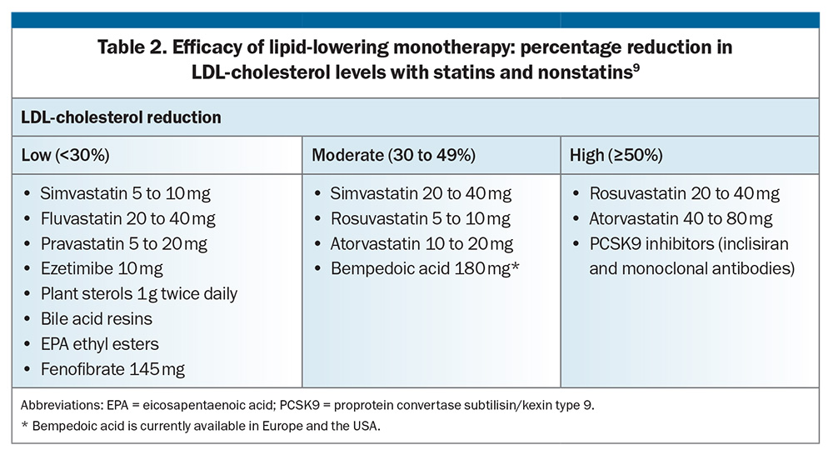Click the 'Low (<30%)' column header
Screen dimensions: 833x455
coord(65,155)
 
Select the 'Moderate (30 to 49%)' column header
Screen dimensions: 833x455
coord(393,155)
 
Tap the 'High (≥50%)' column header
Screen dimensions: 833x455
coord(616,155)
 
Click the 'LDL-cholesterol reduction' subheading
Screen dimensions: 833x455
coord(121,117)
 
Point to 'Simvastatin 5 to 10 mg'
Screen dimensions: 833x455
coord(126,193)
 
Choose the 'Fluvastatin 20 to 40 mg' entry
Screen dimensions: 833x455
coord(128,218)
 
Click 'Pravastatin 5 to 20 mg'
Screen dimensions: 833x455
coord(124,244)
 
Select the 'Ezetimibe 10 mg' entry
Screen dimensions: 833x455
coord(102,269)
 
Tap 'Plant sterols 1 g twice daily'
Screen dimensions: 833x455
coord(139,294)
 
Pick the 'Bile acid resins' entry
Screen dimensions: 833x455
coord(96,319)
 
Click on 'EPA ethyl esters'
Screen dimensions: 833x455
coord(100,344)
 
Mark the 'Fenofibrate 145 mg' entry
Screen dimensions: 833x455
coord(112,369)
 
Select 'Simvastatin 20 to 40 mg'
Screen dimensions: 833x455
coord(421,193)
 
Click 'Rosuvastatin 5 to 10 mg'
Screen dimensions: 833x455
coord(420,218)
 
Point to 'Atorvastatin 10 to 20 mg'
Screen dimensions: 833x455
coord(421,244)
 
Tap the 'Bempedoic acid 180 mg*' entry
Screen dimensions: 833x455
coord(425,269)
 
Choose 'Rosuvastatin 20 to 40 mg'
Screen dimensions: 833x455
coord(684,193)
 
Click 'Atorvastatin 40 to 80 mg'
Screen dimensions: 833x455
coord(681,218)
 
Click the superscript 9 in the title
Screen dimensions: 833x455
coord(636,67)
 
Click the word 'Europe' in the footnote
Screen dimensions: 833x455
coord(277,427)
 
